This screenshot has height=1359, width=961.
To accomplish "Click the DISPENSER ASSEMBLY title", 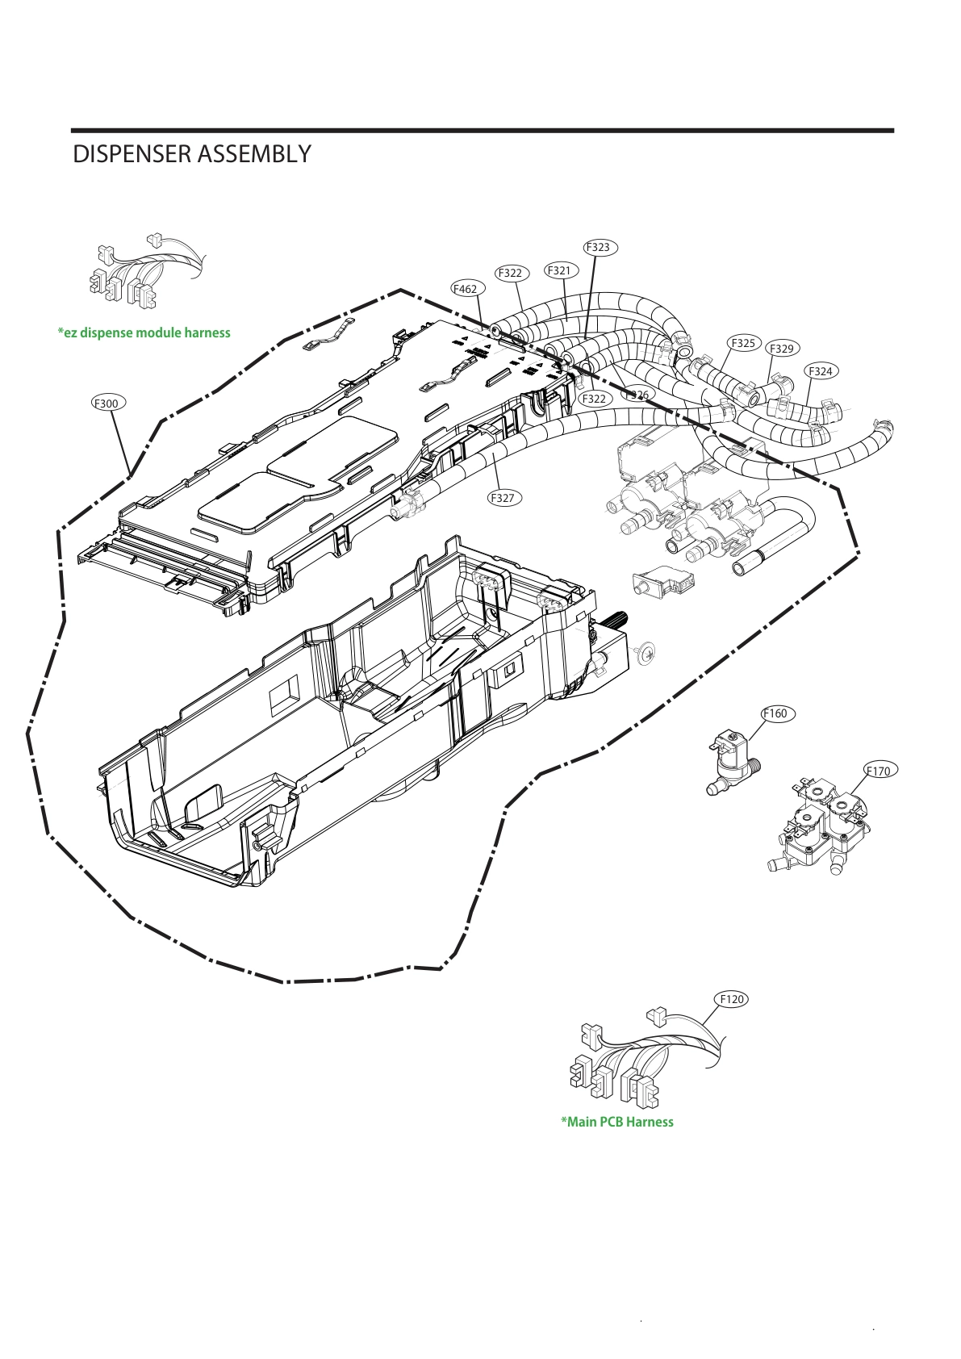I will [191, 154].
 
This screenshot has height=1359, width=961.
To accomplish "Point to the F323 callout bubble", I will [598, 247].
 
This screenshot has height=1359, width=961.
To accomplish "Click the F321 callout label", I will [560, 270].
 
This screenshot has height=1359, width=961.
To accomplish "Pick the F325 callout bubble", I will [743, 343].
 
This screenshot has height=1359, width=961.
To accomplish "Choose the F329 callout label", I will [781, 349].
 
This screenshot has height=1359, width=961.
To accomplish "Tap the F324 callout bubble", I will [821, 371].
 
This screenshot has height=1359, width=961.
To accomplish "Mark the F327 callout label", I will [502, 498].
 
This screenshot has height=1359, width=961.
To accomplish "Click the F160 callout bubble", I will [775, 713].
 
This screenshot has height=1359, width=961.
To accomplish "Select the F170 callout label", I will [878, 771].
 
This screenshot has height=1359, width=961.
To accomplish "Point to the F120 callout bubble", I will [732, 999].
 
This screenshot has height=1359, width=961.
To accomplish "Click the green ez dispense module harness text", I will [144, 332].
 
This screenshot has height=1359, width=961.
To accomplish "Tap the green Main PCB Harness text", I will [617, 1122].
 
